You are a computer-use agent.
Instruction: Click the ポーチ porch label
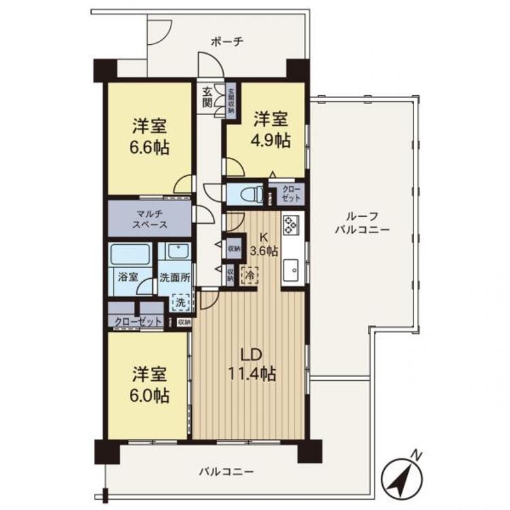(227, 42)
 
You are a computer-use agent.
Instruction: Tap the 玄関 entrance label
(207, 97)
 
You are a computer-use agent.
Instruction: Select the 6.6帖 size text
(150, 148)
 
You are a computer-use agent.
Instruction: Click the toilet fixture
(252, 194)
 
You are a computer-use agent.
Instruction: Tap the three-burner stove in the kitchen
(290, 225)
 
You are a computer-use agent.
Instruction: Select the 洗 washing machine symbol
(180, 302)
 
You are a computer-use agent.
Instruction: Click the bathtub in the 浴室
(130, 254)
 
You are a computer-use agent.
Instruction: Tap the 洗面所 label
(175, 277)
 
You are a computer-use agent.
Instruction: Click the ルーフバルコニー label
(362, 222)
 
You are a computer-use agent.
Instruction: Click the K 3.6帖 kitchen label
(264, 244)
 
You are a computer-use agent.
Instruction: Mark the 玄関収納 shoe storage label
(232, 100)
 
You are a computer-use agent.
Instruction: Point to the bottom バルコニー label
(226, 471)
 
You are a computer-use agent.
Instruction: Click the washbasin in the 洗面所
(178, 251)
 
